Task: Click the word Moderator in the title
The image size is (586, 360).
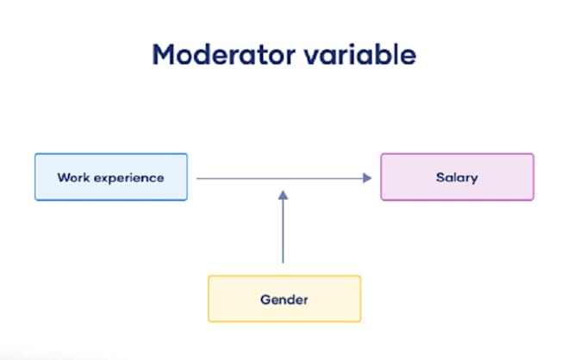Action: [222, 55]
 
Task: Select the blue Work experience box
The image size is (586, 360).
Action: [111, 177]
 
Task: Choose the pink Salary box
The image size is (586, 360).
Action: [457, 177]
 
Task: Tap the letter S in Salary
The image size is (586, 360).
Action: [439, 177]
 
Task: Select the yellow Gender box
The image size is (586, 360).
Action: [284, 299]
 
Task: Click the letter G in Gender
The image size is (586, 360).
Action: [265, 300]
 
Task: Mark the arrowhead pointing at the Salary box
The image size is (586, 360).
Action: [367, 177]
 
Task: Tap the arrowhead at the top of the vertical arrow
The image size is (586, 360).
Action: [284, 196]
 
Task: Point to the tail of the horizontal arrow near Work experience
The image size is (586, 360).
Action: [199, 177]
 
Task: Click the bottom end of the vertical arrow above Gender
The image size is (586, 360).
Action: [284, 261]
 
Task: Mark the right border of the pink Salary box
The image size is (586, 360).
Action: [533, 177]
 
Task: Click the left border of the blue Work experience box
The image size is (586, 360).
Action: [35, 177]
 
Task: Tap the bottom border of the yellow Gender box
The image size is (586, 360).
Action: [284, 321]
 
